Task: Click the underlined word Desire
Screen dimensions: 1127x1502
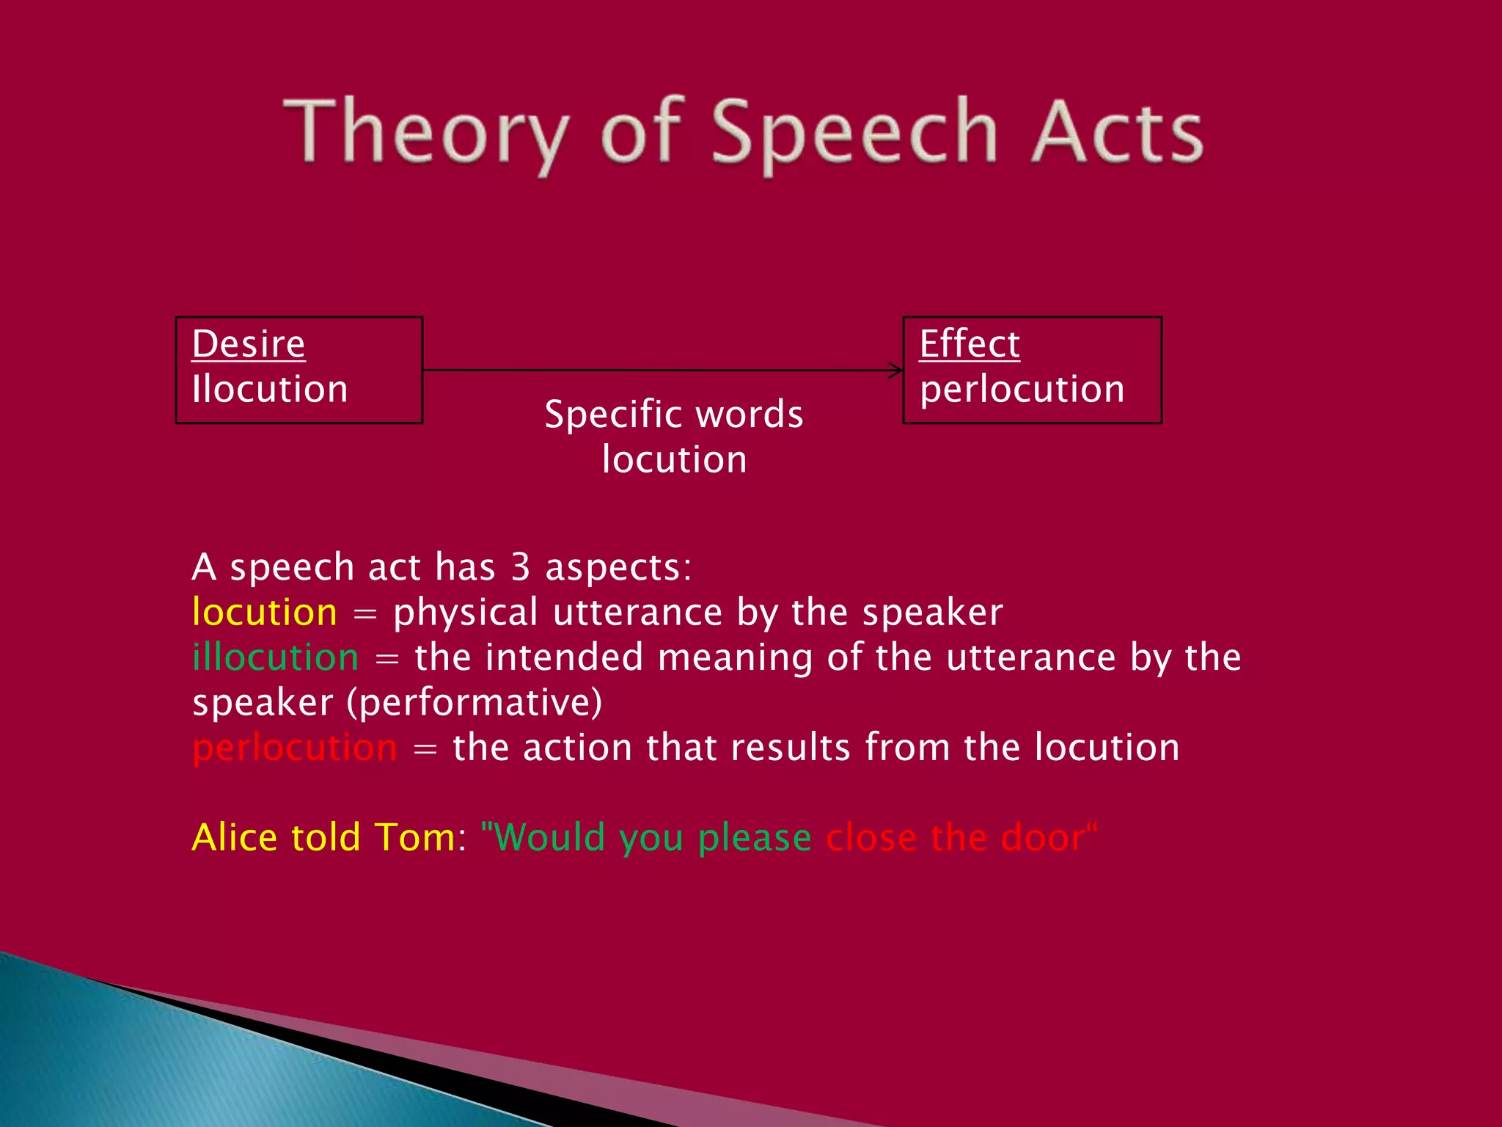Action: click(248, 344)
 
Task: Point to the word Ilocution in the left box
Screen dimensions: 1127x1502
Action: click(269, 389)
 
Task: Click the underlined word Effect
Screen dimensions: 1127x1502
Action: click(969, 344)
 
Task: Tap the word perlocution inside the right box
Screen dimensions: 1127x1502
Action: click(1022, 389)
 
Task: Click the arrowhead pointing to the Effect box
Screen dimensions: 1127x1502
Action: click(896, 371)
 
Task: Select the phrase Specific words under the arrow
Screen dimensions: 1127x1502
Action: click(673, 415)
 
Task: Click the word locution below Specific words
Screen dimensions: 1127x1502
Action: click(673, 460)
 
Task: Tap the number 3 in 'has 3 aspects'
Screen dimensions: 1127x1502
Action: click(520, 567)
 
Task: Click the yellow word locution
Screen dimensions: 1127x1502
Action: click(264, 613)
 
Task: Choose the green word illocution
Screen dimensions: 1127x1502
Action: click(275, 657)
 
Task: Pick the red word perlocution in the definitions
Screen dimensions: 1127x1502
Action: click(294, 748)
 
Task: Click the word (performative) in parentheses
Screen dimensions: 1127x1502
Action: click(475, 703)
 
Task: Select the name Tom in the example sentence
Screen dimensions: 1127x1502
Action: click(414, 837)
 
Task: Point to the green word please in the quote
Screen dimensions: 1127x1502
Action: click(754, 839)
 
